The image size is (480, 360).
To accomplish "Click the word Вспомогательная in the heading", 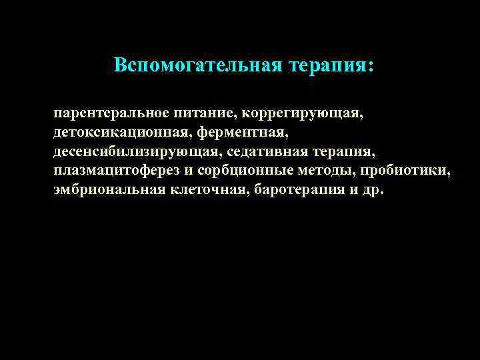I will point(198,65).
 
